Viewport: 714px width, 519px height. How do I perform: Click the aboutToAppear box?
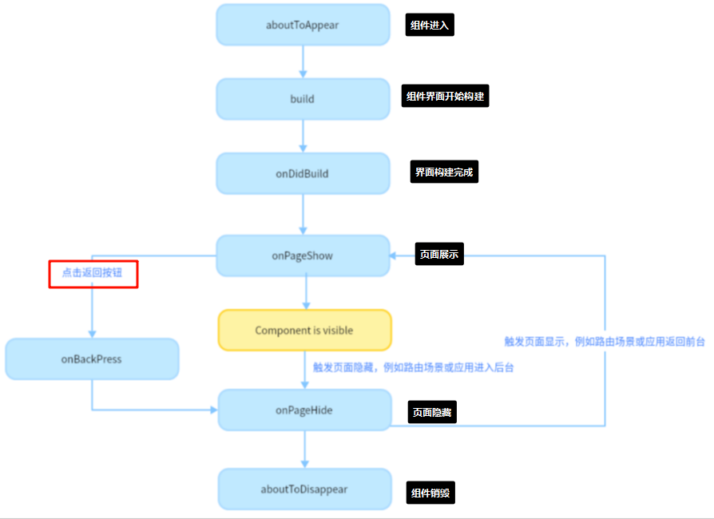[303, 25]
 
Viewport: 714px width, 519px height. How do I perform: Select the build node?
[303, 99]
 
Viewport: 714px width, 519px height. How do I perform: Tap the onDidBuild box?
[303, 173]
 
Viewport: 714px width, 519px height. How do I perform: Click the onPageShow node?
[303, 256]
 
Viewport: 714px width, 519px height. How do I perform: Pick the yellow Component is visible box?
[304, 330]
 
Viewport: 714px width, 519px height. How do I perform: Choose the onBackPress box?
[92, 359]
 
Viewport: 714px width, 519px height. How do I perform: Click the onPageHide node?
[304, 410]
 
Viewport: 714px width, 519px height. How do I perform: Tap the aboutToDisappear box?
[304, 489]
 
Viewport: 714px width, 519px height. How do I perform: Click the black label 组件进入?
[430, 25]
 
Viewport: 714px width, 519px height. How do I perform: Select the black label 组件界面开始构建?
[445, 97]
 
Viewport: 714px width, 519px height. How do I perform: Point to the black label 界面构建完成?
[445, 172]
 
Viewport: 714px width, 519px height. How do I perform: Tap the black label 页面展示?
[439, 255]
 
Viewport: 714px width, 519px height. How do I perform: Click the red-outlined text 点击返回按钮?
[93, 273]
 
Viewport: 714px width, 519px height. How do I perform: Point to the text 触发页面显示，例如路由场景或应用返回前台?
[605, 341]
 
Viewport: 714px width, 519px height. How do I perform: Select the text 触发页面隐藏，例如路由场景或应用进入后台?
[413, 368]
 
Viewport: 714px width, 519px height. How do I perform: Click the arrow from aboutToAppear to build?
[303, 61]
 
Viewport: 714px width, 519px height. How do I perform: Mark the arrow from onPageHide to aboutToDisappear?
[304, 450]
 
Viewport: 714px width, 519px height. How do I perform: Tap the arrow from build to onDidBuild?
[303, 136]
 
